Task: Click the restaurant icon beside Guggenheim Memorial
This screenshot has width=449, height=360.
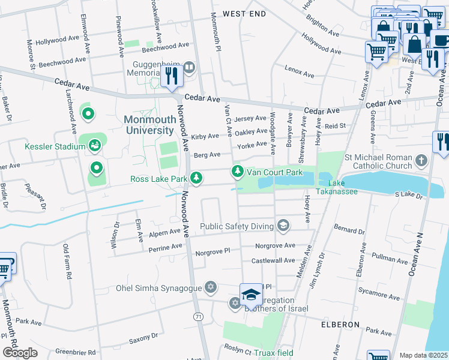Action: [x=172, y=76]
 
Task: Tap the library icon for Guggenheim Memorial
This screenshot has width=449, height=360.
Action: [x=190, y=67]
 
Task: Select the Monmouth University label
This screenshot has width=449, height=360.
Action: [x=150, y=124]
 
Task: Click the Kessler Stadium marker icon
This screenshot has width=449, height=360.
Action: [x=95, y=145]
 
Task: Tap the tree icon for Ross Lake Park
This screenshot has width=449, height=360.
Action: [x=196, y=178]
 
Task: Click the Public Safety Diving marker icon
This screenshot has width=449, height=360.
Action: [x=283, y=226]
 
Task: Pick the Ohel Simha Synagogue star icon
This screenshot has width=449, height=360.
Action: [x=210, y=286]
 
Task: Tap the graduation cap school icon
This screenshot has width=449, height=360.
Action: [x=251, y=295]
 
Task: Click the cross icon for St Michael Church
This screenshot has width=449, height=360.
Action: [x=422, y=160]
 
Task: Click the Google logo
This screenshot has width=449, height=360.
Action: [x=20, y=353]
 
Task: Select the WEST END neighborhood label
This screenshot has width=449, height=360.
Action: [x=244, y=13]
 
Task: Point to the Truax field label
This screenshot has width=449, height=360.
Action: [x=273, y=353]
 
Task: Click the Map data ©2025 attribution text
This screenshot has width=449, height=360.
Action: [x=423, y=355]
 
